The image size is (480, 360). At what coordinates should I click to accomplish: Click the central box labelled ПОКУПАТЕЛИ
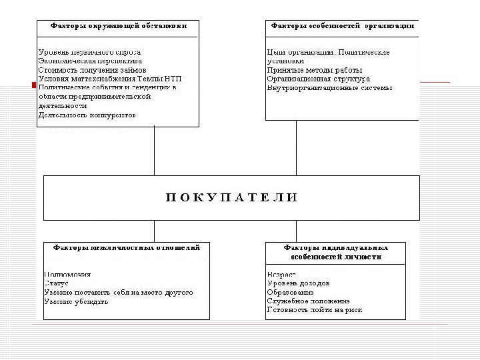coord(231,197)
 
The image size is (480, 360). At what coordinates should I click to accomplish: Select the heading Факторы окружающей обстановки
coord(118,25)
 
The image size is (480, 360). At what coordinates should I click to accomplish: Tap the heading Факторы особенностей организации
coord(342,25)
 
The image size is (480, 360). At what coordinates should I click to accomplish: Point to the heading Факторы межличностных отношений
coord(126,247)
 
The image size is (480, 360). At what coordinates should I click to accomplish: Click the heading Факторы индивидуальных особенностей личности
coord(335,251)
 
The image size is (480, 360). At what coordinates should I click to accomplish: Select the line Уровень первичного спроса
coord(90,52)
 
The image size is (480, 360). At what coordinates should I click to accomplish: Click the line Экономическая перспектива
coord(90,61)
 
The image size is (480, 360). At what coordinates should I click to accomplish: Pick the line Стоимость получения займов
coord(92,69)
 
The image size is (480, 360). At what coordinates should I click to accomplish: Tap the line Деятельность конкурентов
coord(87,115)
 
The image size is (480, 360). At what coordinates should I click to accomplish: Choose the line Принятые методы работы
coord(314,70)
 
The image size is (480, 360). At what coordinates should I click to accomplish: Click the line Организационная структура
coord(318,79)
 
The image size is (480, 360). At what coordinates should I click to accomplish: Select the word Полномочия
coord(67,275)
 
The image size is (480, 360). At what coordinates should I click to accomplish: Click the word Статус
coord(57,283)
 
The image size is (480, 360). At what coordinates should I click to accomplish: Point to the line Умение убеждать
coord(76,301)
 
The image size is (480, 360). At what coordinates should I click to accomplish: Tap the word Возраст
coord(281,275)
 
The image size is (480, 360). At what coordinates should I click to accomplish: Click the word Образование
coord(290,292)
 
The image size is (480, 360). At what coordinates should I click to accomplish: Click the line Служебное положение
coord(308,301)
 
